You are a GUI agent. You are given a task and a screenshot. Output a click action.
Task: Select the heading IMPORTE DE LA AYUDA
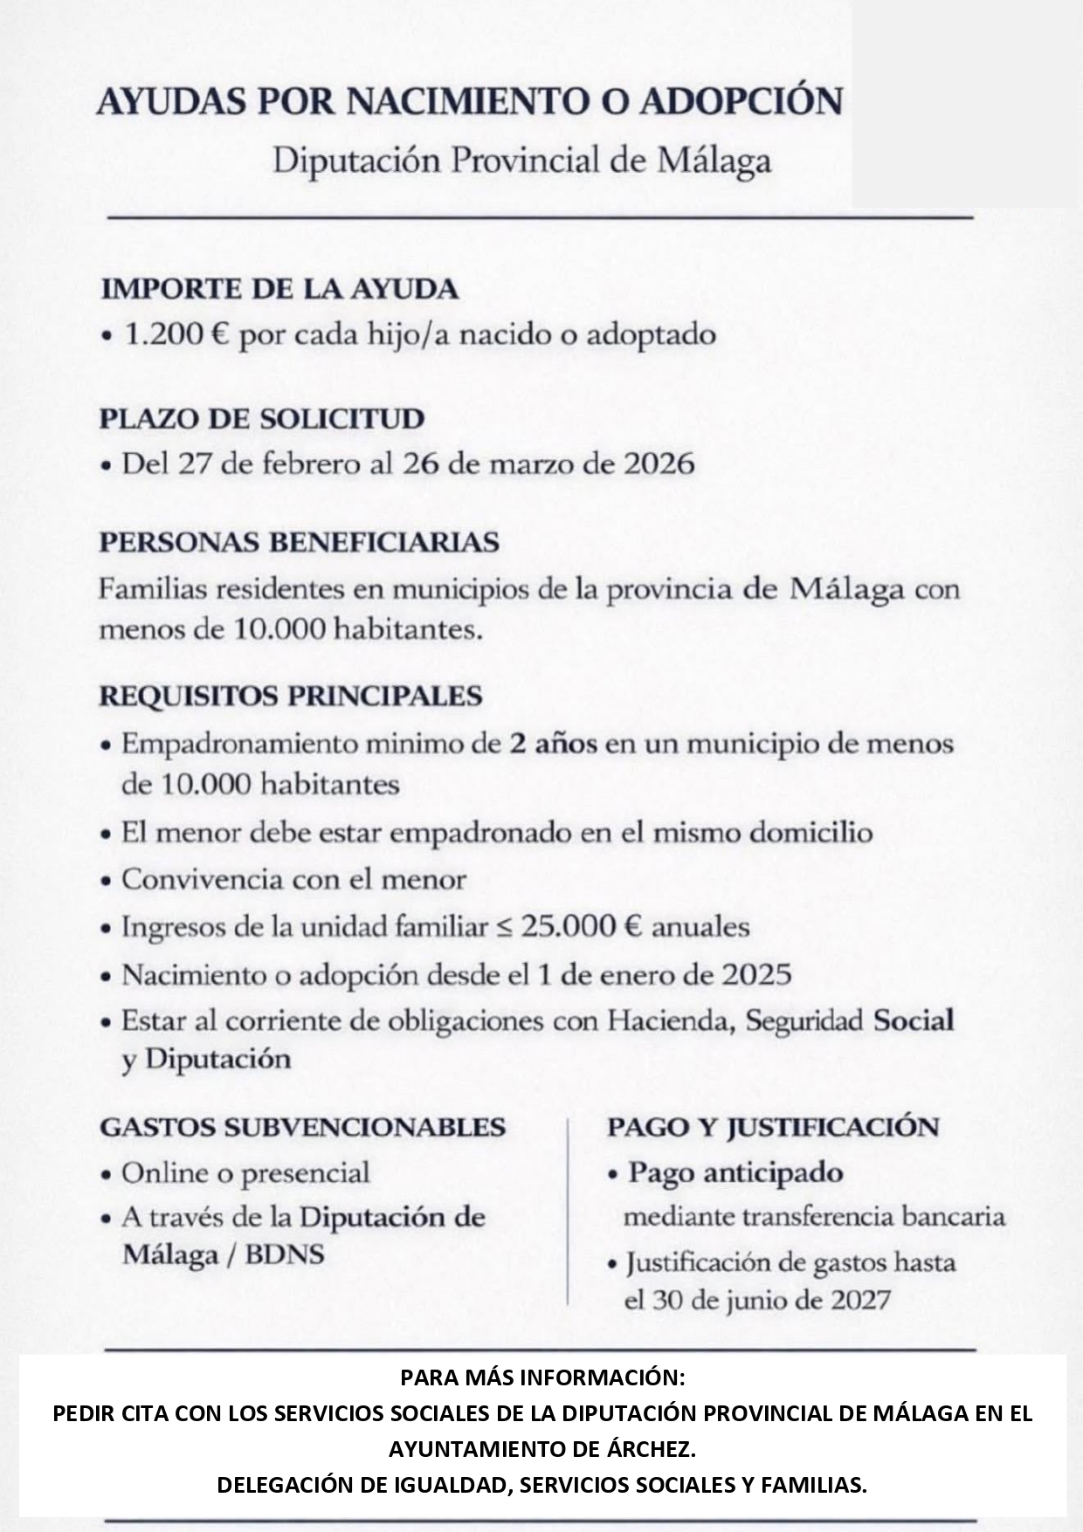tap(279, 289)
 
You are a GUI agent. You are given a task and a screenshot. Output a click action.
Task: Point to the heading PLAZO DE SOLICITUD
tap(262, 418)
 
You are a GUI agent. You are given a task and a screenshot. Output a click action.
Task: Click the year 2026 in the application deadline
tap(659, 464)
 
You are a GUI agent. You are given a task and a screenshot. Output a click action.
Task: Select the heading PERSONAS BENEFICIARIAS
tap(299, 542)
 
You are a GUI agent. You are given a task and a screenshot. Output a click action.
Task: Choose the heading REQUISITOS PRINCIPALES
tap(290, 696)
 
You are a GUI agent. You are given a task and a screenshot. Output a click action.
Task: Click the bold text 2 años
tap(554, 745)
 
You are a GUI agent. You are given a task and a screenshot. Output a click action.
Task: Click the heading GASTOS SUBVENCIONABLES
tap(302, 1126)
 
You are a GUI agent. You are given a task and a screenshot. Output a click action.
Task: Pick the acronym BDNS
tap(285, 1255)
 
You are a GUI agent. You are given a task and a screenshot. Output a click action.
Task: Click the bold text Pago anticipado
tap(735, 1172)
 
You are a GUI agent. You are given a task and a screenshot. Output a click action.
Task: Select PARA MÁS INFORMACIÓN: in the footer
tap(542, 1378)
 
